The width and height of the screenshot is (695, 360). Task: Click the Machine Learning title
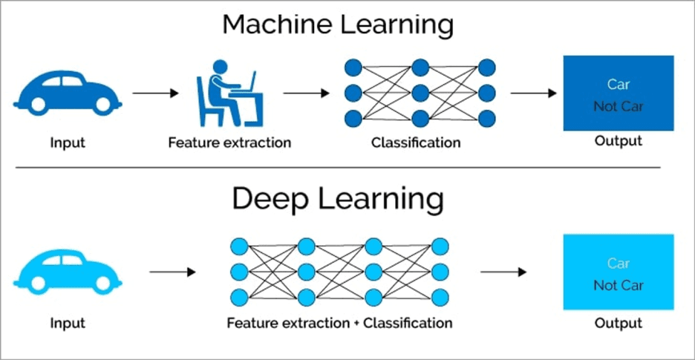[x=338, y=25]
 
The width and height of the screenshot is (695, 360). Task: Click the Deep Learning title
[x=338, y=200]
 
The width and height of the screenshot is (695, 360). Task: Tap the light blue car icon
[x=68, y=272]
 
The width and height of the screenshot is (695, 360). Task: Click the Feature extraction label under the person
[x=229, y=142]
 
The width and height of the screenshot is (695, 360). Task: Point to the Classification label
[x=416, y=142]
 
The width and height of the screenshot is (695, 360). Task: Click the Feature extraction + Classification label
[x=339, y=323]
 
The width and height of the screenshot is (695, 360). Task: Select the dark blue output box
[x=619, y=93]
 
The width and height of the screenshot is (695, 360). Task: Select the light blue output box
[x=619, y=272]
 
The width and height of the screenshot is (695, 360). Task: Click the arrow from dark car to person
[x=156, y=94]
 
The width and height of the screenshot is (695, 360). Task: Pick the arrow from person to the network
[x=306, y=94]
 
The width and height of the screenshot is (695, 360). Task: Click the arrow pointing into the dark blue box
[x=533, y=94]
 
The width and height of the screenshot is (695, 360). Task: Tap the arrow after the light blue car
[x=172, y=272]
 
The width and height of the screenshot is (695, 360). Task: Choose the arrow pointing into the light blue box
[x=503, y=272]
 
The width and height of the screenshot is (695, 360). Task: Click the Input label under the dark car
[x=68, y=142]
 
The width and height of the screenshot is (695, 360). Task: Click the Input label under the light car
[x=68, y=323]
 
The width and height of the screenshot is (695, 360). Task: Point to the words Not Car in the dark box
[x=619, y=106]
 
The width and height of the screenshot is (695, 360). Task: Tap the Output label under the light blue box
[x=619, y=323]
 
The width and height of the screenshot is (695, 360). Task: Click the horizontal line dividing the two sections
[x=338, y=168]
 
